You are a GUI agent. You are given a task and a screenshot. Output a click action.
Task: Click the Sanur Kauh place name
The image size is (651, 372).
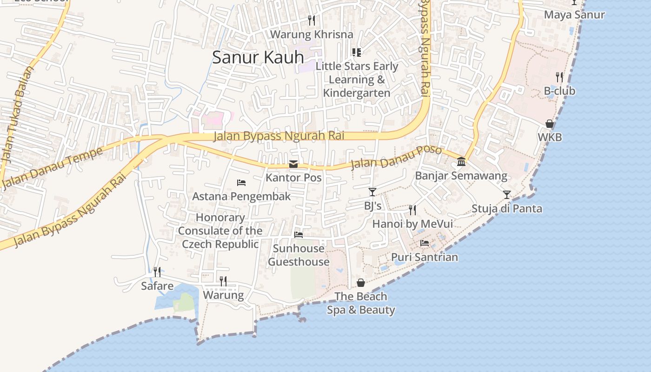tap(258, 57)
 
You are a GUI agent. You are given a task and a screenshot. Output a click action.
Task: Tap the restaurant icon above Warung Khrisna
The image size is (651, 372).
tap(312, 20)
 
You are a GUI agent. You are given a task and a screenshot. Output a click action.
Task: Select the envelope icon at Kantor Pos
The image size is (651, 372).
tap(293, 164)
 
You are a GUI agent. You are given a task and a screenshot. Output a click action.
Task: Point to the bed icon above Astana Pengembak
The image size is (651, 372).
tap(241, 183)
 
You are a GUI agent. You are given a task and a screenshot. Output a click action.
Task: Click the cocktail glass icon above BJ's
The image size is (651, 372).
tap(372, 192)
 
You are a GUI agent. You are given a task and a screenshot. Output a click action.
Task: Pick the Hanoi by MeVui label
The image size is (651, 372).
tap(412, 224)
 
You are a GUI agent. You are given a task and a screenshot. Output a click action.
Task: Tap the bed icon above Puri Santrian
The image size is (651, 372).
tap(425, 243)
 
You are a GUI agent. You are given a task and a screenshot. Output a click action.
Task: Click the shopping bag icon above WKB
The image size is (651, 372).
tap(550, 124)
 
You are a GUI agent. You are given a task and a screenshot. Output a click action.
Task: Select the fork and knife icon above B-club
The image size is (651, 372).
tap(559, 77)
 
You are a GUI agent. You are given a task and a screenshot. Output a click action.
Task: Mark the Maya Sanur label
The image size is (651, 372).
tap(574, 15)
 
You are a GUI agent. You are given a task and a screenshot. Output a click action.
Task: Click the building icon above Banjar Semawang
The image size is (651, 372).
tap(461, 162)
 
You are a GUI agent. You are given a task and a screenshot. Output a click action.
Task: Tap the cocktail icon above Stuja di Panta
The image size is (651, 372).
tap(507, 194)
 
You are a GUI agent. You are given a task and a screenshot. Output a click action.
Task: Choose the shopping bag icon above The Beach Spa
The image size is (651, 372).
tap(361, 283)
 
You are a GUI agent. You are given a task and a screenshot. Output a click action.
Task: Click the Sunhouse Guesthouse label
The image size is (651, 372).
tap(299, 255)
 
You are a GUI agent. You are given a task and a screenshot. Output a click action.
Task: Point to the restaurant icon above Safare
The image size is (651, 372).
tap(157, 272)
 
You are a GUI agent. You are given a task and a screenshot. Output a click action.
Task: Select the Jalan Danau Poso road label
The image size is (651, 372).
tap(396, 157)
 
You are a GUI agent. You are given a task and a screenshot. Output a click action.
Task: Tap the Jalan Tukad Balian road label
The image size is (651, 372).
tap(18, 114)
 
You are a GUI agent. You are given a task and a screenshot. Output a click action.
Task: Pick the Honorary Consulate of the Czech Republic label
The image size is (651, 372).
tap(220, 231)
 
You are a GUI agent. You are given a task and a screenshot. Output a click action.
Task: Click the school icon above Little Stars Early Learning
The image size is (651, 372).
tap(357, 53)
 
